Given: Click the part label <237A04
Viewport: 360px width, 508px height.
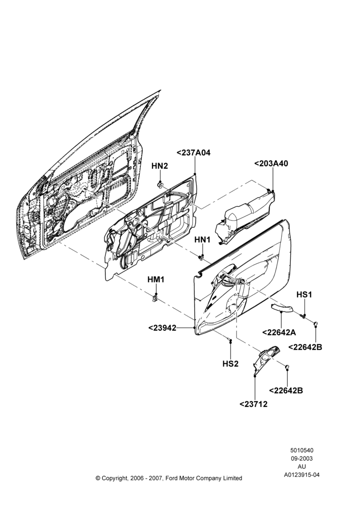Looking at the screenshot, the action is (193, 152).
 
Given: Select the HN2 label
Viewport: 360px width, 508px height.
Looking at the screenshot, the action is (160, 166).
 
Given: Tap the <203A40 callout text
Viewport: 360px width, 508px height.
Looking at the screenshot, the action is (271, 164).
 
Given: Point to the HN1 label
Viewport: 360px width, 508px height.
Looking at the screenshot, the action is (202, 240).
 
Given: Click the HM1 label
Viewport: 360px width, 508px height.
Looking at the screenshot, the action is (156, 279).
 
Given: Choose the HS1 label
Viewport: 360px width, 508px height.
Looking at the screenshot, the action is (304, 295).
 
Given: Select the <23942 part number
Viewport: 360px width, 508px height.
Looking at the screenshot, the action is (162, 328).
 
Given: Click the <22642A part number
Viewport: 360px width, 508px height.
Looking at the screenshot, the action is (279, 332).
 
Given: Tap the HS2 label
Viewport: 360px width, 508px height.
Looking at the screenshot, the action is (230, 364).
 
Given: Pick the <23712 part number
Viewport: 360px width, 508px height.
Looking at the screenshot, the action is (254, 404).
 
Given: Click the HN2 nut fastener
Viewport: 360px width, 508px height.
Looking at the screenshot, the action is (160, 185).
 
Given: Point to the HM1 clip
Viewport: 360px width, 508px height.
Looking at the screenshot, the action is (156, 297).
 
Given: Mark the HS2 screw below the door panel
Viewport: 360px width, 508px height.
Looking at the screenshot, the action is (230, 341).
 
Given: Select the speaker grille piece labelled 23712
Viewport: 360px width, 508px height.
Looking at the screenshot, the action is (265, 360).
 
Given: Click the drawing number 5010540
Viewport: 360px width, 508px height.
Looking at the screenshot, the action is (302, 450).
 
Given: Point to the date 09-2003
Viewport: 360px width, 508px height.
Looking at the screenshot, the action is (302, 458).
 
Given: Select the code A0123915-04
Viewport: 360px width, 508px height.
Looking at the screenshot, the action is (302, 475).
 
